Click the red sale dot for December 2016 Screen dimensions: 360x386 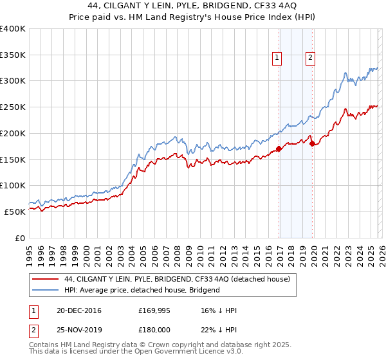click(x=279, y=149)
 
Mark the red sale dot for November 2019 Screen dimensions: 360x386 click(x=312, y=144)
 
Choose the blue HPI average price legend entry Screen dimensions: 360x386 click(x=142, y=290)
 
